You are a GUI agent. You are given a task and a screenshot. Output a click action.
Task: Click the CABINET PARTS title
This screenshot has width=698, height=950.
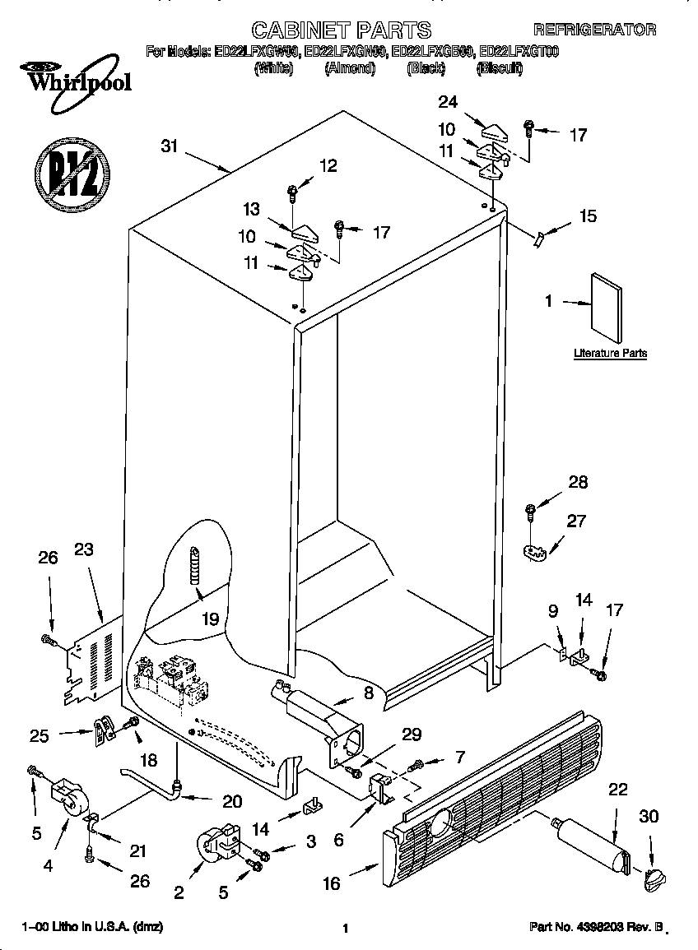coord(341,30)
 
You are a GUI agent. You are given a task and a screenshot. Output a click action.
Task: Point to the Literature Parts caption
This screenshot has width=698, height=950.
coord(610,354)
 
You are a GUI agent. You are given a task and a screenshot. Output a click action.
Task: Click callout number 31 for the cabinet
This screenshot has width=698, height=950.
coord(170,146)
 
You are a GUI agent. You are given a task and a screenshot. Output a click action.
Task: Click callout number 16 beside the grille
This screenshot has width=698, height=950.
coord(331,883)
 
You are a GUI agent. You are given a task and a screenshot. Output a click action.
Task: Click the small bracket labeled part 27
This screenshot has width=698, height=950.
coord(535,552)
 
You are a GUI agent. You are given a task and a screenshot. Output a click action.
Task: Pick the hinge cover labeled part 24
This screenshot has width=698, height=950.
coord(496,131)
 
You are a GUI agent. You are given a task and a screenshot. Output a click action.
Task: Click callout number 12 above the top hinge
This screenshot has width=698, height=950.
coord(328,166)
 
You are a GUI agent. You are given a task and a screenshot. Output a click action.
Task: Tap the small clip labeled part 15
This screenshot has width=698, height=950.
coord(538,238)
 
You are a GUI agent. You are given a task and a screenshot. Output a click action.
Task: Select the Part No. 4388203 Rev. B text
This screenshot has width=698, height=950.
coord(595,928)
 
